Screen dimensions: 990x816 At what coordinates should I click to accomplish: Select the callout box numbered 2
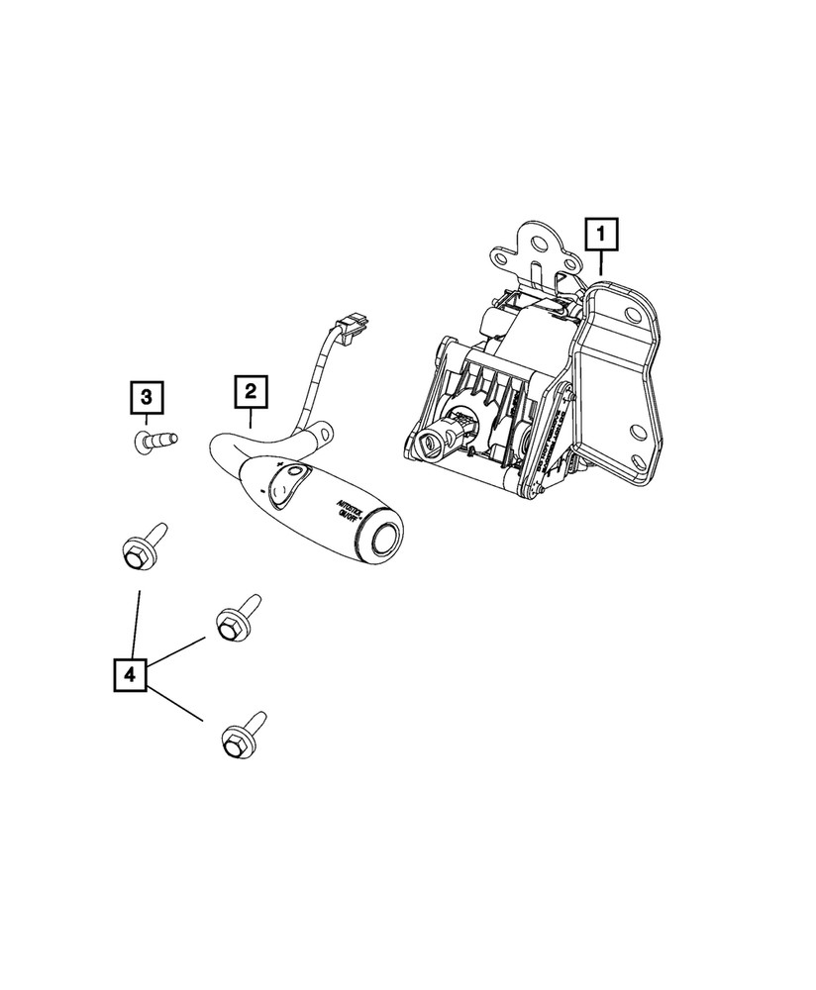[x=251, y=393]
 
